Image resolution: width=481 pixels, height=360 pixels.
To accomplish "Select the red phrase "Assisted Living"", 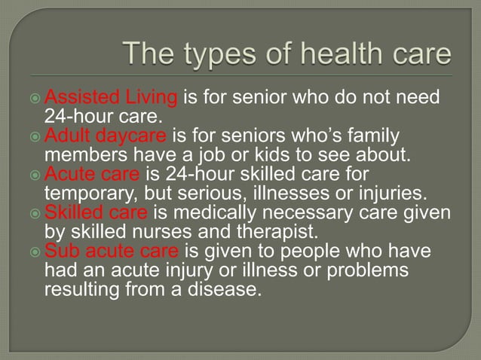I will point(112,98).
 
